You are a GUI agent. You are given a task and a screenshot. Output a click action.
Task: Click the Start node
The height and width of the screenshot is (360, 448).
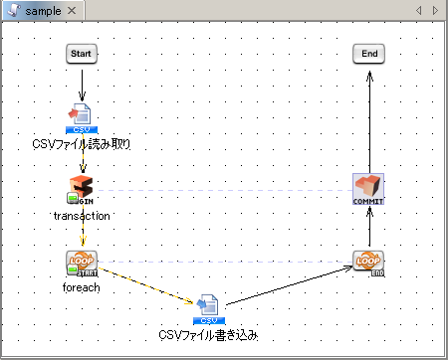[82, 54]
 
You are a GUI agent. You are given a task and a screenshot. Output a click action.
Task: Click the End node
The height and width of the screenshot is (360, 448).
[368, 54]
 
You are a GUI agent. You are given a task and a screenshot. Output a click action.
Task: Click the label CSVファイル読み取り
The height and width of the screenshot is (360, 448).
[82, 144]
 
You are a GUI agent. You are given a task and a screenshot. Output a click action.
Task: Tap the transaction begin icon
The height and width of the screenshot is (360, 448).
[82, 189]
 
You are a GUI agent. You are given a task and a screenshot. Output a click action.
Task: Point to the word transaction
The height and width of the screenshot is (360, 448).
[82, 215]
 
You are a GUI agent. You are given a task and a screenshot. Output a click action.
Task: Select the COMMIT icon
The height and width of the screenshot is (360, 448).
[368, 189]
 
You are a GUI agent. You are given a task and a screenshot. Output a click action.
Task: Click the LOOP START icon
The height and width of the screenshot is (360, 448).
[82, 263]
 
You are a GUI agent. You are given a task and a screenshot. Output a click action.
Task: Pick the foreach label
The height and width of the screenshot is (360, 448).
[82, 287]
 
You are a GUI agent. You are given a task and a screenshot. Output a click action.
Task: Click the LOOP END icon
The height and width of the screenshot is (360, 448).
[368, 263]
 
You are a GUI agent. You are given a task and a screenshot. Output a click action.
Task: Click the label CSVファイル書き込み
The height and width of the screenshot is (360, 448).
[208, 335]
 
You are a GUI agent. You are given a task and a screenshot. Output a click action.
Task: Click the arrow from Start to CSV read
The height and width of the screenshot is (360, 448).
[82, 82]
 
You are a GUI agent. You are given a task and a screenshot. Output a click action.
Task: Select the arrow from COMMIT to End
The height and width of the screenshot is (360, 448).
[368, 119]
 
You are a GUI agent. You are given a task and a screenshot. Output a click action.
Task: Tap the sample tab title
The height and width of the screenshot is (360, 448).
[43, 10]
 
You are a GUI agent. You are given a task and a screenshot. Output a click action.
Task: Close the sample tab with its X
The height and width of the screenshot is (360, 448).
[73, 10]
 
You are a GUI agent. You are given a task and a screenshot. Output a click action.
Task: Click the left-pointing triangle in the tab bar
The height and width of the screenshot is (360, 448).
[420, 10]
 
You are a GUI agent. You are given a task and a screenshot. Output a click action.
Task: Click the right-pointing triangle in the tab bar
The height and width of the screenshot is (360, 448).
[435, 10]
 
